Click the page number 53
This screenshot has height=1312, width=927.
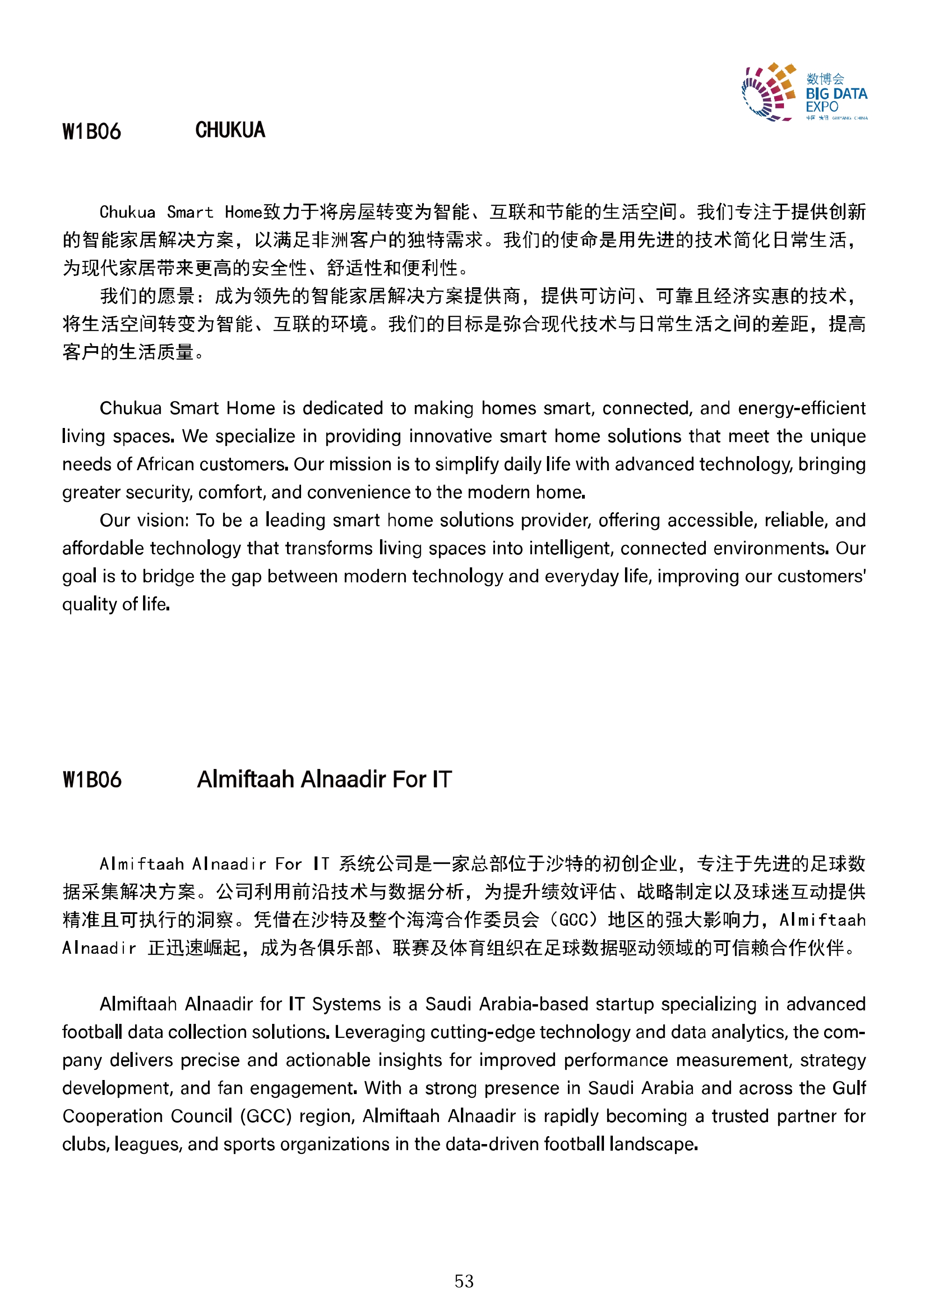coord(464,1281)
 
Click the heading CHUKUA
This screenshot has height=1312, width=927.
coord(230,130)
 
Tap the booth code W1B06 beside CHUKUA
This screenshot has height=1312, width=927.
coord(91,131)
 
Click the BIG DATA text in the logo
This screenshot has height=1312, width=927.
coord(836,94)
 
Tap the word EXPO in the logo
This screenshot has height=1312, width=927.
coord(821,107)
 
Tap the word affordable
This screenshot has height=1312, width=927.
coord(103,548)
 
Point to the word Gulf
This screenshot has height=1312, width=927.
coord(849,1088)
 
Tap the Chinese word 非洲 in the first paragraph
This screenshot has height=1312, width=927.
coord(330,240)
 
